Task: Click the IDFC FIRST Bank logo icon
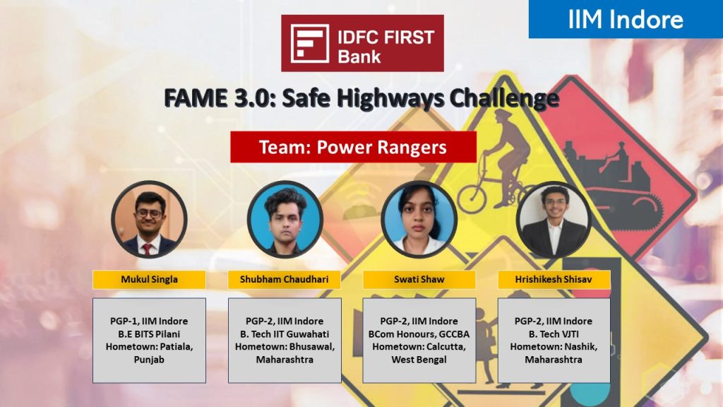[309, 43]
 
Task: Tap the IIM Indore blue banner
[626, 19]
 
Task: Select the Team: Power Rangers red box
[353, 147]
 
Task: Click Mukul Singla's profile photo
[150, 219]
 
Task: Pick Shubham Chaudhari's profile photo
[285, 219]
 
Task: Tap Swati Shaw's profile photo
[419, 219]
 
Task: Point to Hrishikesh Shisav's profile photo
[554, 219]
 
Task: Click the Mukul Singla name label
[150, 280]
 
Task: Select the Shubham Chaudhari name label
[285, 280]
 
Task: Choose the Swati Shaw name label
[419, 280]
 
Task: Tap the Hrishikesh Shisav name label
[554, 280]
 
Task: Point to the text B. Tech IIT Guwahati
[285, 334]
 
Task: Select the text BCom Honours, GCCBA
[419, 334]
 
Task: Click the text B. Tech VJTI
[554, 334]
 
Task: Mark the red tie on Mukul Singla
[147, 249]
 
